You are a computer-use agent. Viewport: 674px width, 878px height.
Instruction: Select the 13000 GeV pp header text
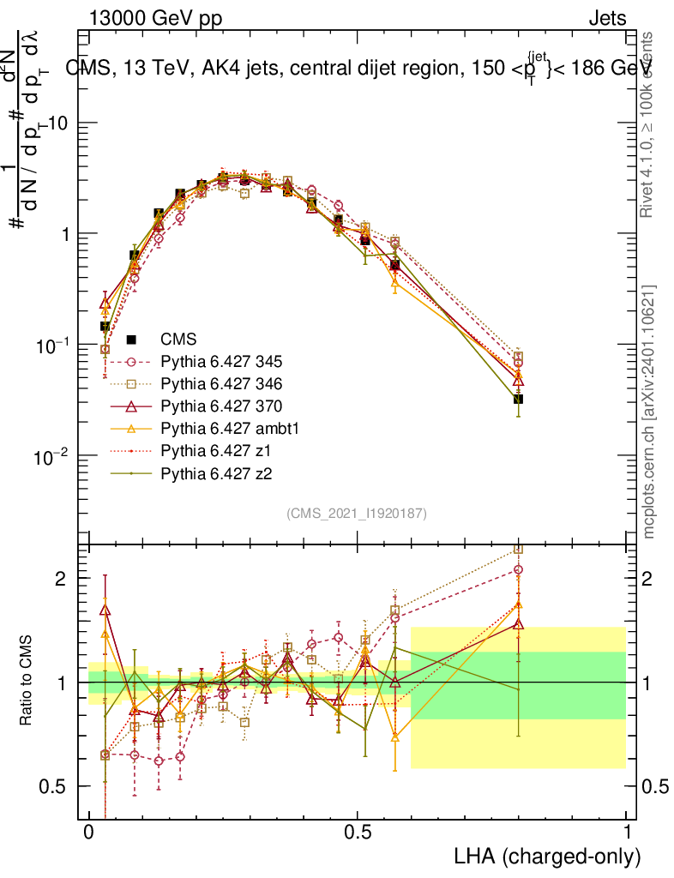[x=155, y=18]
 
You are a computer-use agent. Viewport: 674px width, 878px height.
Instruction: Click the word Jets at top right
[x=606, y=18]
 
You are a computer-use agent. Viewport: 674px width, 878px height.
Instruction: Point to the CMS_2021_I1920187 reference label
[x=357, y=514]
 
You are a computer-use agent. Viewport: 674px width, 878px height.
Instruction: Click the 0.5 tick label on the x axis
[x=358, y=833]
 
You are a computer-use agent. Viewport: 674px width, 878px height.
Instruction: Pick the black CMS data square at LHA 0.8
[x=518, y=399]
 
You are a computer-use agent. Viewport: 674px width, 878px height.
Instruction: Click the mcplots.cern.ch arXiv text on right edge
[x=650, y=412]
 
